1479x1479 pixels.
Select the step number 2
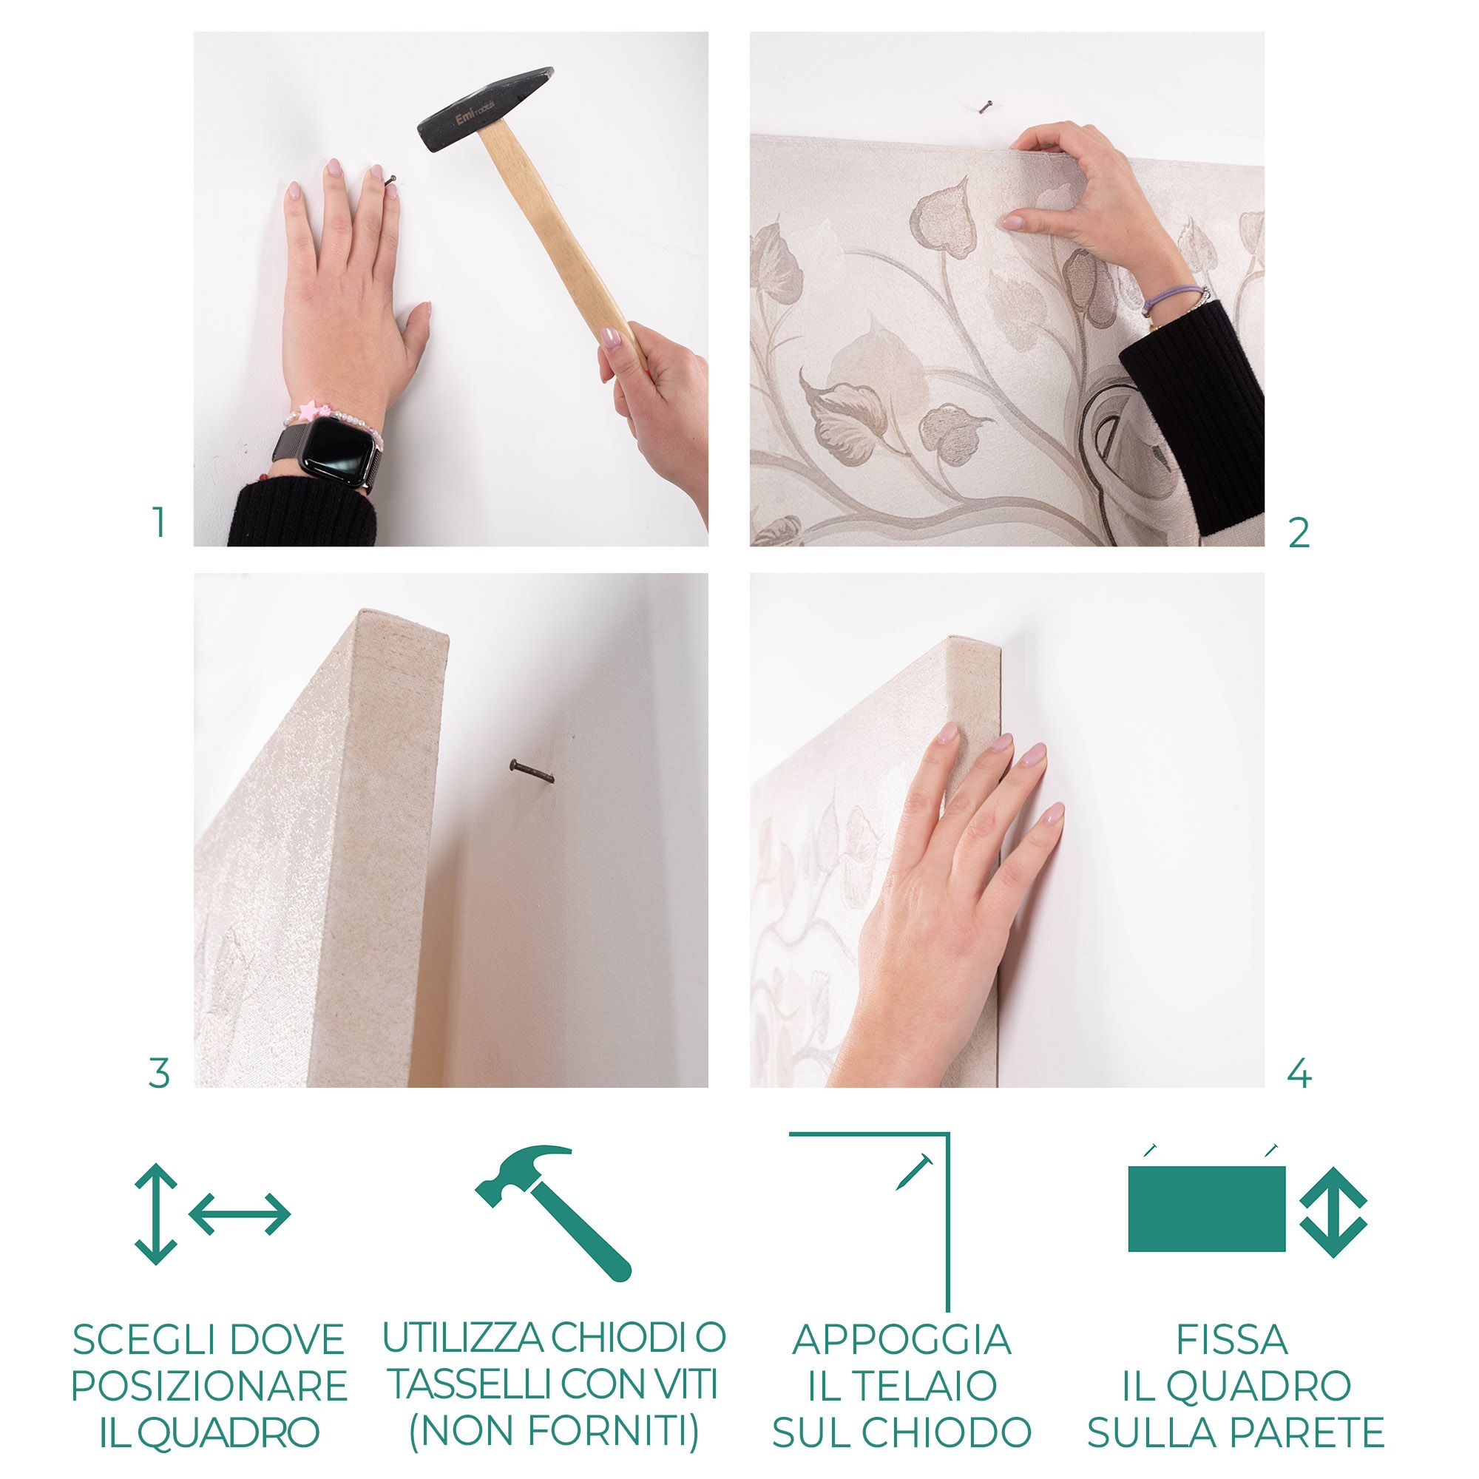click(1299, 534)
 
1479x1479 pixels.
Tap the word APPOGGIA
click(901, 1340)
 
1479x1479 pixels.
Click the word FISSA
click(1232, 1340)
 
